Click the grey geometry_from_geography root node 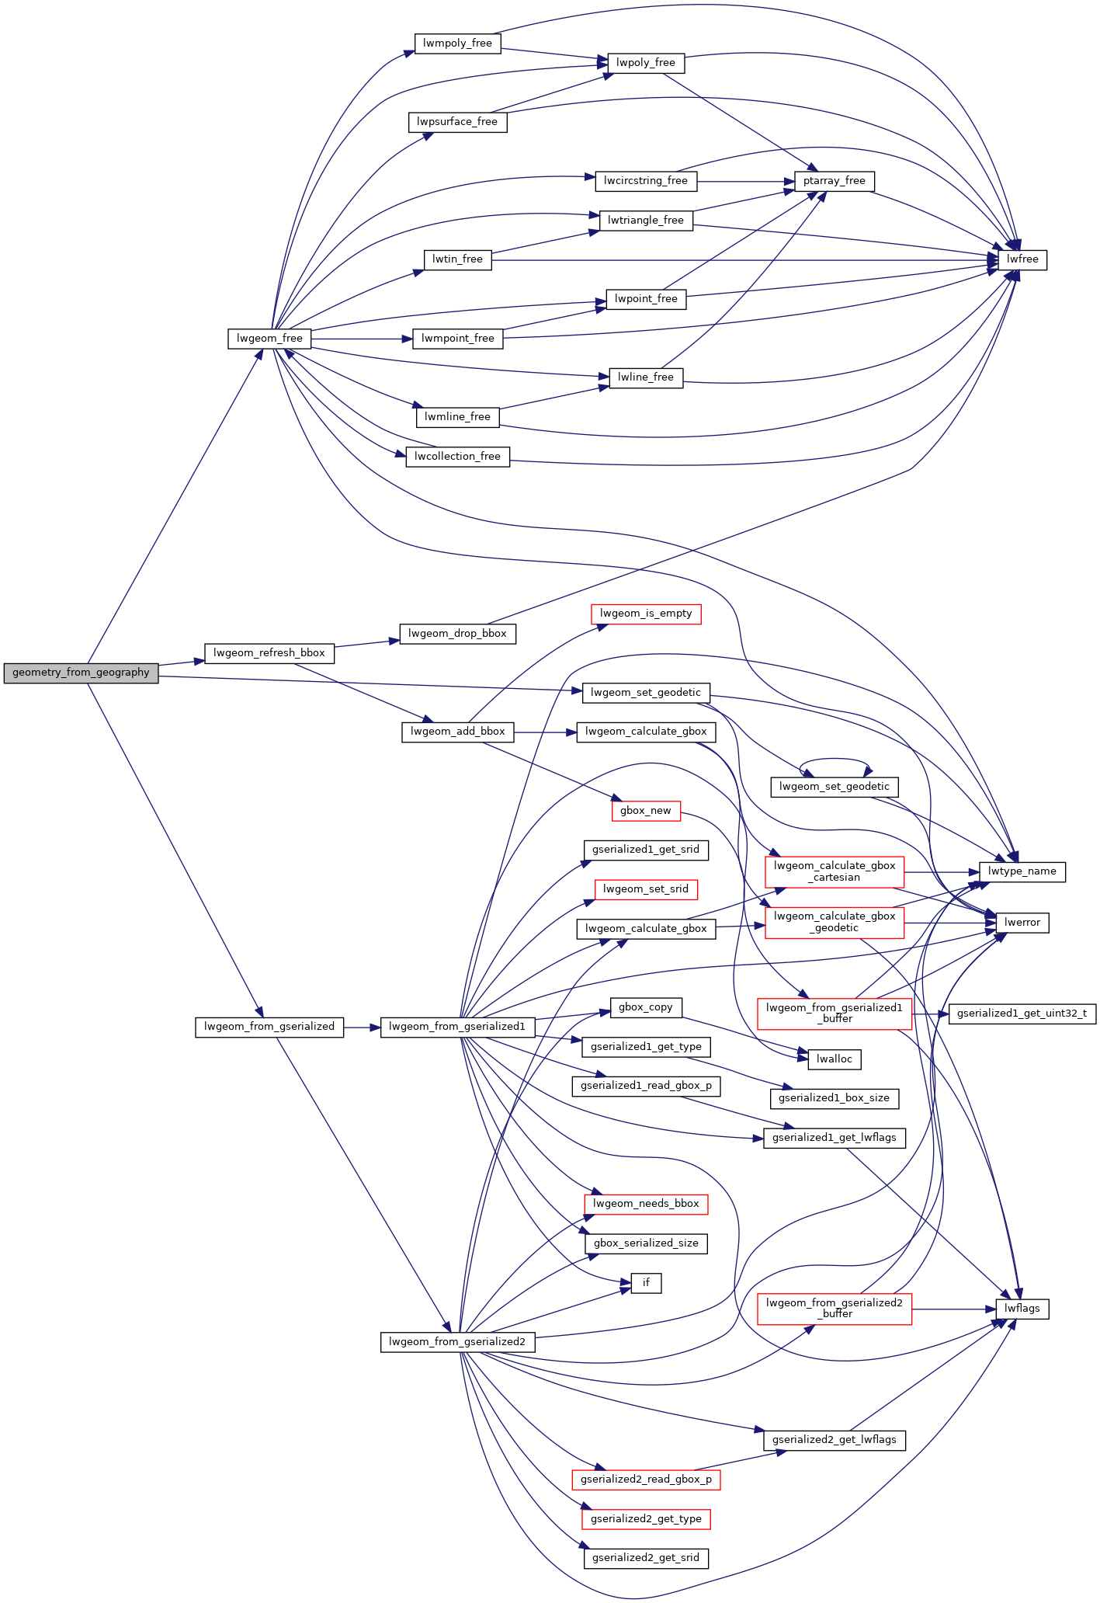[81, 673]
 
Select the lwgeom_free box [269, 339]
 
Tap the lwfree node [1022, 259]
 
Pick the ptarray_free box [834, 181]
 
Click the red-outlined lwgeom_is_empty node [646, 614]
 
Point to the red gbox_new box [645, 811]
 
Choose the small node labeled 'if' [646, 1283]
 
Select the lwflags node [1022, 1309]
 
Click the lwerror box [1022, 923]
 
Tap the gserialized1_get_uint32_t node [1022, 1014]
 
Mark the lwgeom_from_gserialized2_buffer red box [834, 1309]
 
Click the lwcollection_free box [457, 457]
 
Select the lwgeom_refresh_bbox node [269, 653]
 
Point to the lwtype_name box [1022, 871]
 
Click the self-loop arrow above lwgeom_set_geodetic [835, 760]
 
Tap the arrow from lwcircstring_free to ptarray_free [745, 182]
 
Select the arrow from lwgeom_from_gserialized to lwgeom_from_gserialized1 [362, 1027]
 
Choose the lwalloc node [835, 1059]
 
